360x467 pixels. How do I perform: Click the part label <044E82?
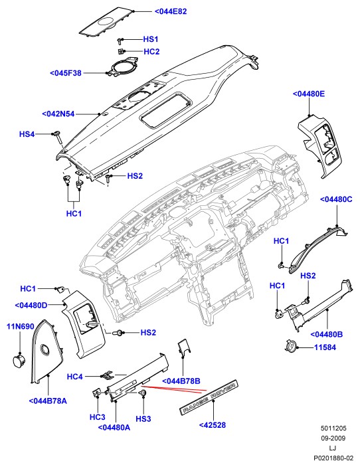point(171,11)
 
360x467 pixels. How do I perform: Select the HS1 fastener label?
point(150,39)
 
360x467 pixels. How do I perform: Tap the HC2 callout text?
point(151,52)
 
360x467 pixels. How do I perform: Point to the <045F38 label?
point(66,73)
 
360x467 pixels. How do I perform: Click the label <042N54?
point(58,114)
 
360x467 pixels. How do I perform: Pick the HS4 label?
point(27,134)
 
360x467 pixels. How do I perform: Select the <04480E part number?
point(308,94)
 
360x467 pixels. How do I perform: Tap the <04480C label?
point(336,199)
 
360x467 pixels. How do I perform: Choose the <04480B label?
point(326,334)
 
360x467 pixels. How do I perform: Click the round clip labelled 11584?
point(290,346)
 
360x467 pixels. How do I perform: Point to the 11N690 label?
point(20,327)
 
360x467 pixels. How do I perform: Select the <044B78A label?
point(48,401)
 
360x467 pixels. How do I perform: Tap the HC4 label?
point(74,377)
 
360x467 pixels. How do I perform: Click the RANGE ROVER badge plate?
point(209,398)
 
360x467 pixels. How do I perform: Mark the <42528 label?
point(213,425)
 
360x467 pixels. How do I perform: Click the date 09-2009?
point(333,438)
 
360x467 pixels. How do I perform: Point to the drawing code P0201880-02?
point(333,458)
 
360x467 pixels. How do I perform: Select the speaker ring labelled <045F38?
point(123,67)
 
